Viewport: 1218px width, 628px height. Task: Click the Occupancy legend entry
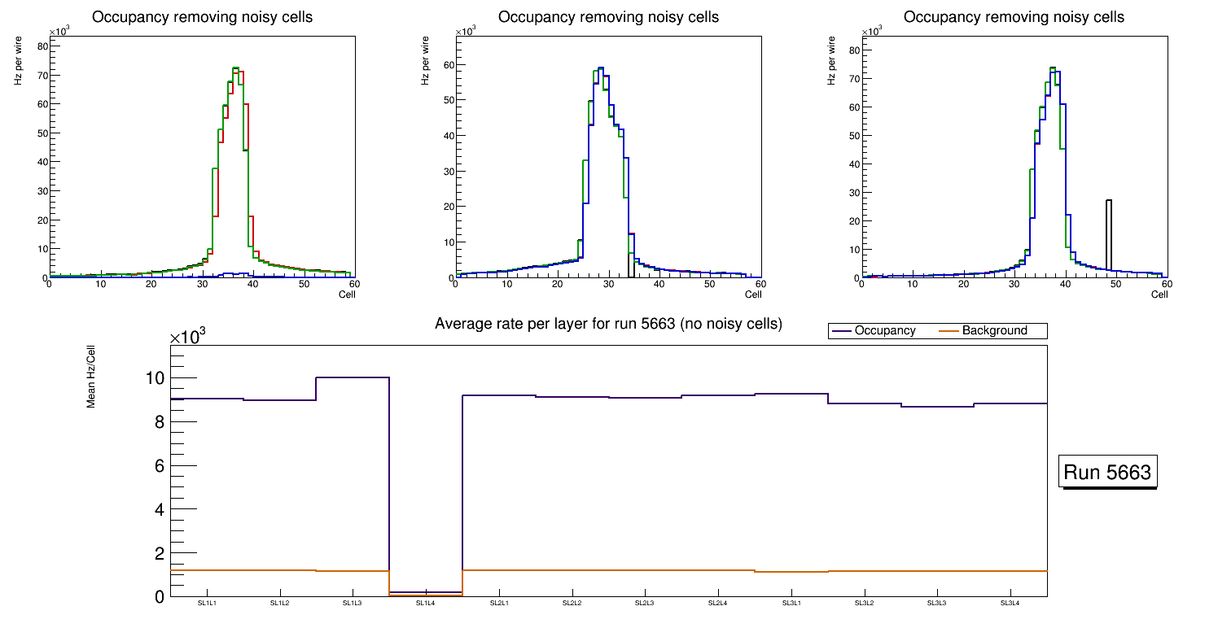(x=884, y=331)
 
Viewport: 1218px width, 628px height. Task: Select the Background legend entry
(x=994, y=331)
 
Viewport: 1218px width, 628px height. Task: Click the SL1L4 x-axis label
(x=426, y=603)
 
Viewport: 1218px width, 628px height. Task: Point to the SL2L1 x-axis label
(x=499, y=603)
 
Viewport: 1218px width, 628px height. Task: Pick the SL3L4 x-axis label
(x=1010, y=603)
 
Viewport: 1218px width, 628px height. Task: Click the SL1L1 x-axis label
(x=207, y=603)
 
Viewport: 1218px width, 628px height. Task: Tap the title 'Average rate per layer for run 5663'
(x=608, y=324)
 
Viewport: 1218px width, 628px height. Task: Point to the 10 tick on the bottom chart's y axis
(x=155, y=378)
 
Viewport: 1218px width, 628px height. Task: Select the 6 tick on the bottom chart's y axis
(x=160, y=466)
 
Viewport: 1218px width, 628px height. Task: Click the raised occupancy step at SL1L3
(x=353, y=377)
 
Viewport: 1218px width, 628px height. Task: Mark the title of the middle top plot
(x=608, y=17)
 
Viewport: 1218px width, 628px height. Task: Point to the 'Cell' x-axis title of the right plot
(x=1159, y=294)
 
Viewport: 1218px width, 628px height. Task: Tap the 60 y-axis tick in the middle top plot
(x=447, y=65)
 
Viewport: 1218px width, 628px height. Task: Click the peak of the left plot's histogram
(x=234, y=68)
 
